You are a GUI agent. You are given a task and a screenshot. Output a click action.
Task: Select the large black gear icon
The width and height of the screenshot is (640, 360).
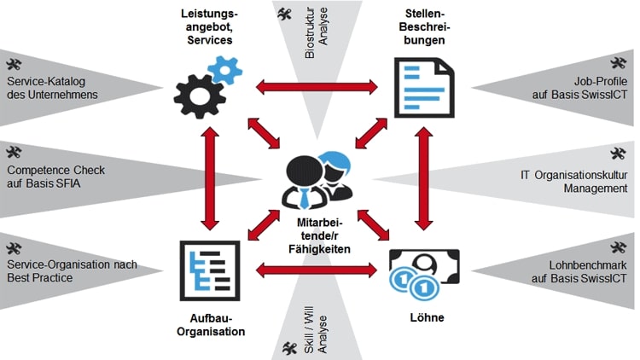coord(197,90)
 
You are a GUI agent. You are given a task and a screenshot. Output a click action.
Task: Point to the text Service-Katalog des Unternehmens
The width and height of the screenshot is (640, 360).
coord(52,88)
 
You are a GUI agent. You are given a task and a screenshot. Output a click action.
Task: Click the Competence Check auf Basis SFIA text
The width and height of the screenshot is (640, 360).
coord(55,177)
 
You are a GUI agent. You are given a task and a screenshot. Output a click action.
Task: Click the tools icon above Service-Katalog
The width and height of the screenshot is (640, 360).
coord(13,64)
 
